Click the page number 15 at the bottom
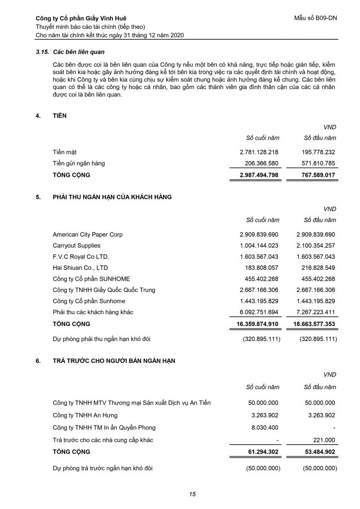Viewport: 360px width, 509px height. coord(192,494)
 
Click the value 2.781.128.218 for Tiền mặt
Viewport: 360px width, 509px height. coord(259,152)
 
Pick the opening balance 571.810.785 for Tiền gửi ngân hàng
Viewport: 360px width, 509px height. coord(316,163)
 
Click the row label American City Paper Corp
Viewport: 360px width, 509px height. coord(88,234)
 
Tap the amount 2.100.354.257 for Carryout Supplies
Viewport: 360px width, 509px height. coord(316,246)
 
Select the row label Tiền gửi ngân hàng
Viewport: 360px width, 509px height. coord(79,163)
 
